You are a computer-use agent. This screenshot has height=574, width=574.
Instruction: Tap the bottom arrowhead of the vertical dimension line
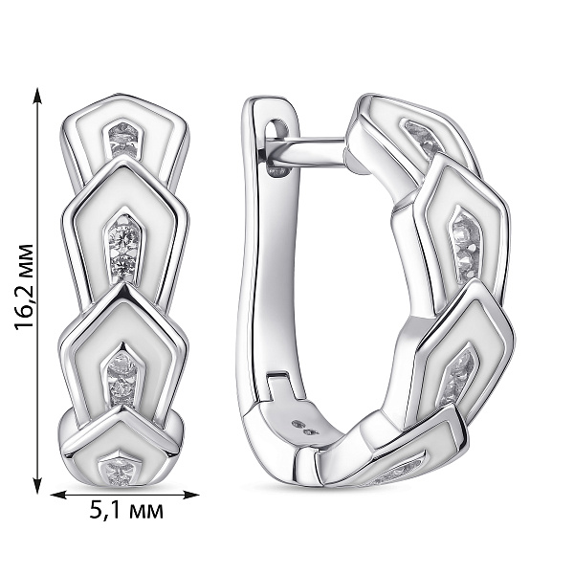tap(37, 485)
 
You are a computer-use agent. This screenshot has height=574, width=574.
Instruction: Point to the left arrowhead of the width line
tap(58, 495)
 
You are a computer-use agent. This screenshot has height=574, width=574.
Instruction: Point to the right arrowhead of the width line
tap(190, 495)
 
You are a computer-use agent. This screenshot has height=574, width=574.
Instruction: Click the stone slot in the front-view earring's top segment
tap(124, 139)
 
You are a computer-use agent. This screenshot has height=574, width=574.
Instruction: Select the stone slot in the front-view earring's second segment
tap(124, 250)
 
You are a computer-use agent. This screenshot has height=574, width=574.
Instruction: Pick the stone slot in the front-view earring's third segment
tap(121, 374)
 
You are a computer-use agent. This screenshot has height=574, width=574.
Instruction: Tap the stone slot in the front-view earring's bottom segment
tap(119, 468)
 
